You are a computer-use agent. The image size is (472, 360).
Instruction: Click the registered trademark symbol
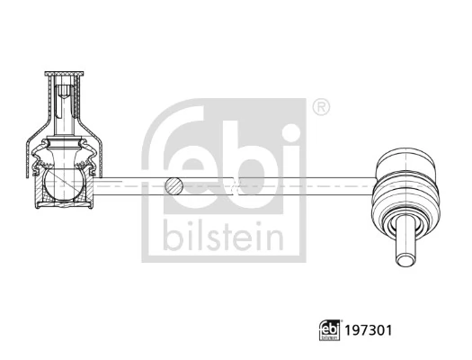[x=320, y=109]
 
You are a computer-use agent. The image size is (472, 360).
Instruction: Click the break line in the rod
[x=236, y=187]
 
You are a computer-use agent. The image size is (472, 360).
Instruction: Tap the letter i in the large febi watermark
[x=289, y=166]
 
